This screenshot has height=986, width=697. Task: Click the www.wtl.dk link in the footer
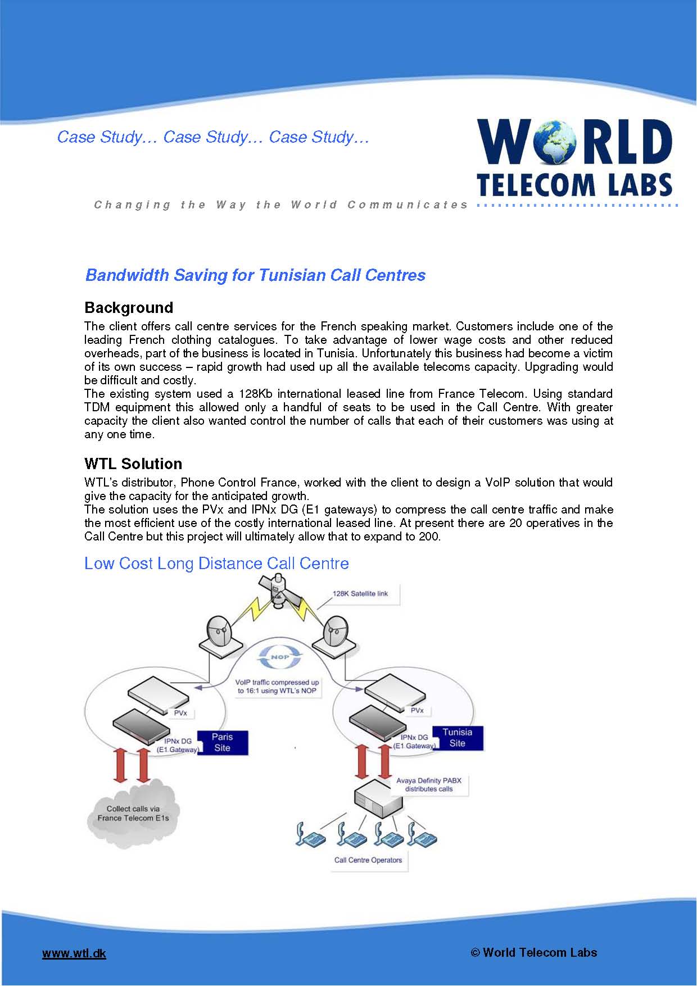tap(74, 953)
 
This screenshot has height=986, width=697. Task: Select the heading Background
tap(129, 307)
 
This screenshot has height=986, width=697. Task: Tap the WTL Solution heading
tap(133, 464)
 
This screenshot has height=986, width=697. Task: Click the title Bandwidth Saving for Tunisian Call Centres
tap(255, 275)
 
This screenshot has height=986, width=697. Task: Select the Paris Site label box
tap(222, 742)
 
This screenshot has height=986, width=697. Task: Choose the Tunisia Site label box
tap(457, 738)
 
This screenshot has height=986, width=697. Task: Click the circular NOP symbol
tap(280, 657)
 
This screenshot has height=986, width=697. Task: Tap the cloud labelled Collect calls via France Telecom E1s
tap(133, 812)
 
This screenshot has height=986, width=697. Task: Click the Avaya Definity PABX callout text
tap(429, 784)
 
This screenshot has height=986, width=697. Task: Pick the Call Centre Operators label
tap(368, 860)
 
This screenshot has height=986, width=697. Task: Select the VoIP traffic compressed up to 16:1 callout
tap(277, 687)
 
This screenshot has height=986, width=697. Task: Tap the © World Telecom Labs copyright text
tap(533, 952)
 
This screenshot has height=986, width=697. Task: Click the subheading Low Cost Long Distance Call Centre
tap(216, 563)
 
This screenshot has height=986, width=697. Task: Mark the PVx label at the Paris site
tap(180, 713)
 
